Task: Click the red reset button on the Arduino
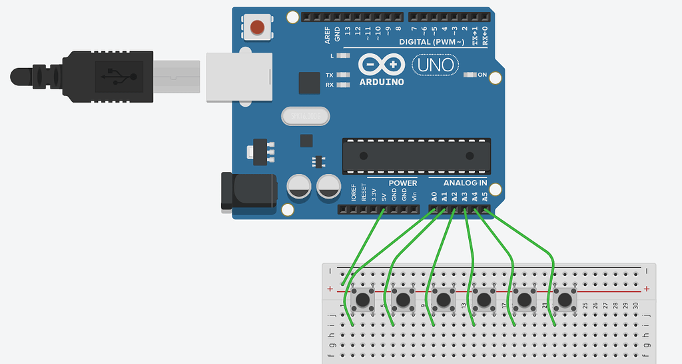pyautogui.click(x=257, y=27)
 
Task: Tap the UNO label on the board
pyautogui.click(x=437, y=65)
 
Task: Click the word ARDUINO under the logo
pyautogui.click(x=382, y=82)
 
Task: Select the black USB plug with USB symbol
pyautogui.click(x=111, y=77)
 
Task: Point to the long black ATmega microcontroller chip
pyautogui.click(x=416, y=155)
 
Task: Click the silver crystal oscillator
pyautogui.click(x=306, y=117)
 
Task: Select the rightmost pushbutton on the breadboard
pyautogui.click(x=565, y=299)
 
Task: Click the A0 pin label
pyautogui.click(x=434, y=197)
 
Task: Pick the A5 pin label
pyautogui.click(x=485, y=197)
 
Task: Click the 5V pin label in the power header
pyautogui.click(x=384, y=197)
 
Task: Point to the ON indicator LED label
pyautogui.click(x=482, y=75)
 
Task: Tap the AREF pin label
pyautogui.click(x=328, y=35)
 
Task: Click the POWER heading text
pyautogui.click(x=402, y=183)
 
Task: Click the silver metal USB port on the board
pyautogui.click(x=239, y=77)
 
